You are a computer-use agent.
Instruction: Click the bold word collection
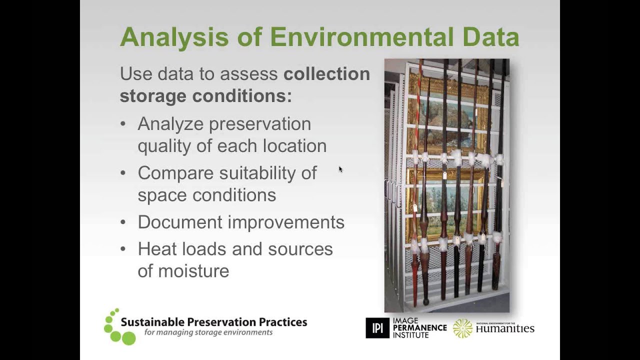[326, 74]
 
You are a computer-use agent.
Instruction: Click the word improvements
[292, 222]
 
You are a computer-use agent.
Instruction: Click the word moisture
[193, 271]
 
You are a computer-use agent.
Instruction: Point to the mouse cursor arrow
[340, 169]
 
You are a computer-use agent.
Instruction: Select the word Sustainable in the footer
[152, 322]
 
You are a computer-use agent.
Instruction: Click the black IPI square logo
[377, 328]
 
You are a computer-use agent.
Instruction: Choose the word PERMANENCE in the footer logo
[419, 328]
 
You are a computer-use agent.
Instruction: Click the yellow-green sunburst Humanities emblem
[462, 328]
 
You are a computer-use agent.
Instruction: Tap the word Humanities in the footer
[505, 328]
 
